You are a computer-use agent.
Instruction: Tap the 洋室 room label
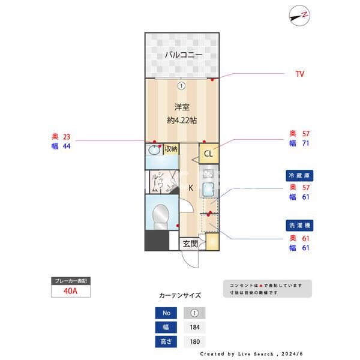tap(182, 107)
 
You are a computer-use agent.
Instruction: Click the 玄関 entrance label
tap(190, 244)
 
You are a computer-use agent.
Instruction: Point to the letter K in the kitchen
tap(191, 188)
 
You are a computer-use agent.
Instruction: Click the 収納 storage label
tap(171, 149)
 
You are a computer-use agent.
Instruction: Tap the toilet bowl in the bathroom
tap(161, 215)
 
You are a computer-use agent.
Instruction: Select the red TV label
tap(299, 74)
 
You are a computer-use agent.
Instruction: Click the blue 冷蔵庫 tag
tap(299, 176)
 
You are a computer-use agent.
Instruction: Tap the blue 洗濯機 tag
tap(299, 226)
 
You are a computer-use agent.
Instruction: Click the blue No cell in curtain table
tap(166, 313)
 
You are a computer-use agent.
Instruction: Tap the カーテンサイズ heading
tap(180, 295)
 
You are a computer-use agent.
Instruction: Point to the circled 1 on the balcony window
tap(181, 85)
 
